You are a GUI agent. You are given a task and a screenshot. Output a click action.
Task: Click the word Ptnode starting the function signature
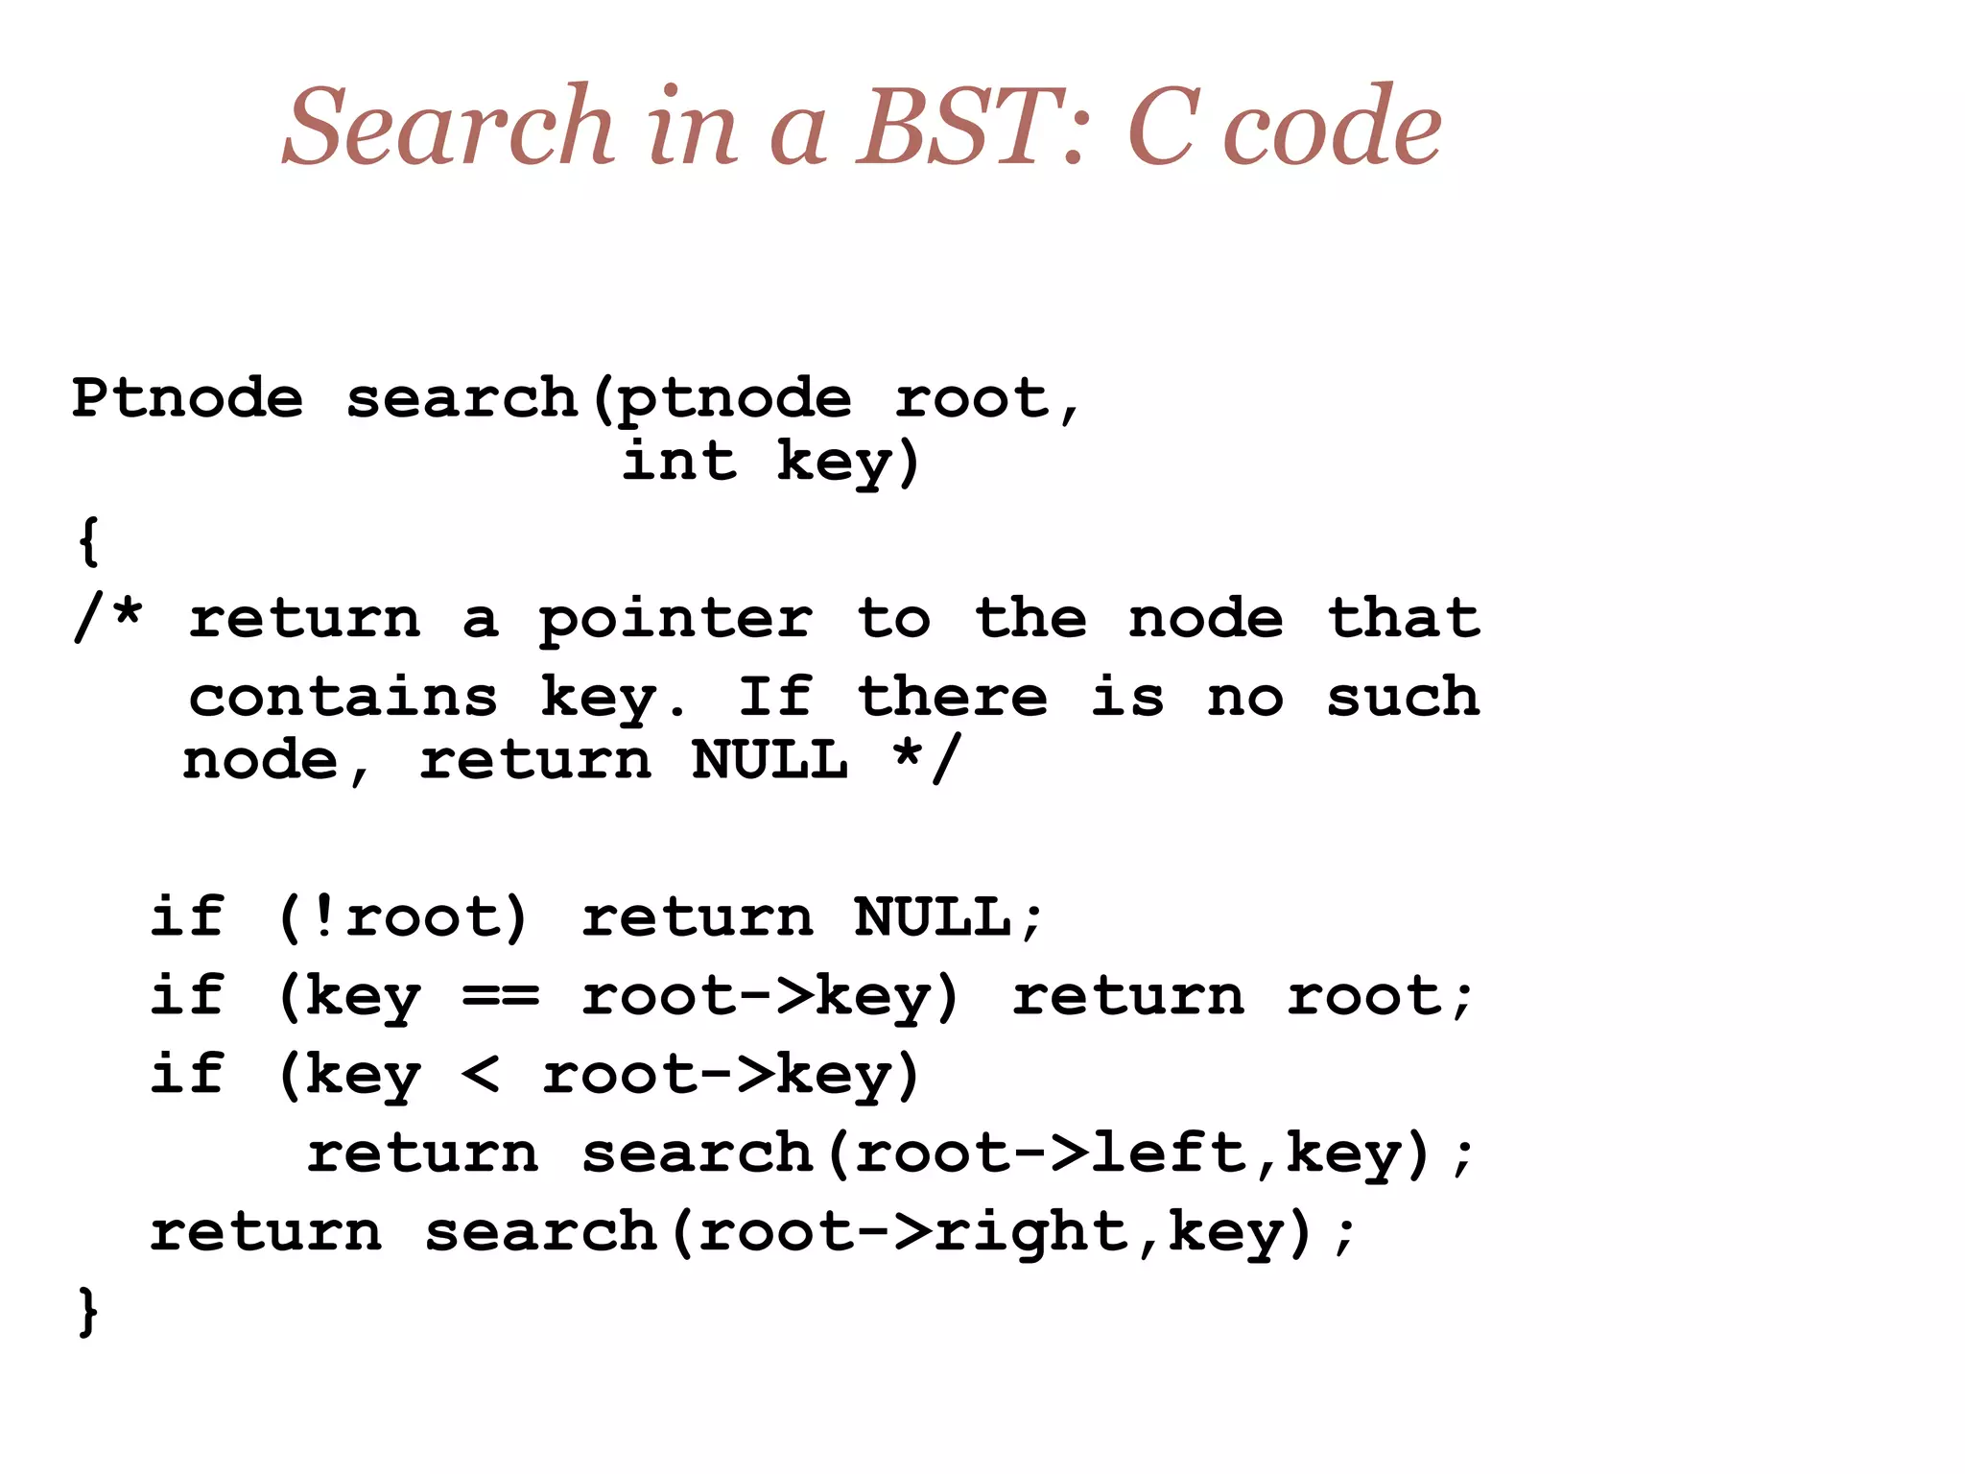187,397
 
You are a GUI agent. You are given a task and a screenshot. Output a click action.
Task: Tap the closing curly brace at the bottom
87,1311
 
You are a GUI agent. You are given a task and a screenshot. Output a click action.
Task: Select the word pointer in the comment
675,620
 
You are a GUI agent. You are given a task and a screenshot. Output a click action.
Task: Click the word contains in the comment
343,698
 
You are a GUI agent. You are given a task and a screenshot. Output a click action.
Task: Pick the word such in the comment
1403,698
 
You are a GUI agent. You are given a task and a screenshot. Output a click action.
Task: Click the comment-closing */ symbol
925,761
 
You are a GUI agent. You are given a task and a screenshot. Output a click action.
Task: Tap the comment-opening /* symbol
108,618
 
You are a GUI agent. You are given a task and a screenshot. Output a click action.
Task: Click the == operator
500,996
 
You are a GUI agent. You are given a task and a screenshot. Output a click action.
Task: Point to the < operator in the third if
480,1074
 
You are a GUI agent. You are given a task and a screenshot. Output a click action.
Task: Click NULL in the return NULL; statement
932,917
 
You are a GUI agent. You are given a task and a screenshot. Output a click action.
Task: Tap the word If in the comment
774,698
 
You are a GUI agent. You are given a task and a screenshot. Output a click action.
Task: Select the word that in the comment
1403,618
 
